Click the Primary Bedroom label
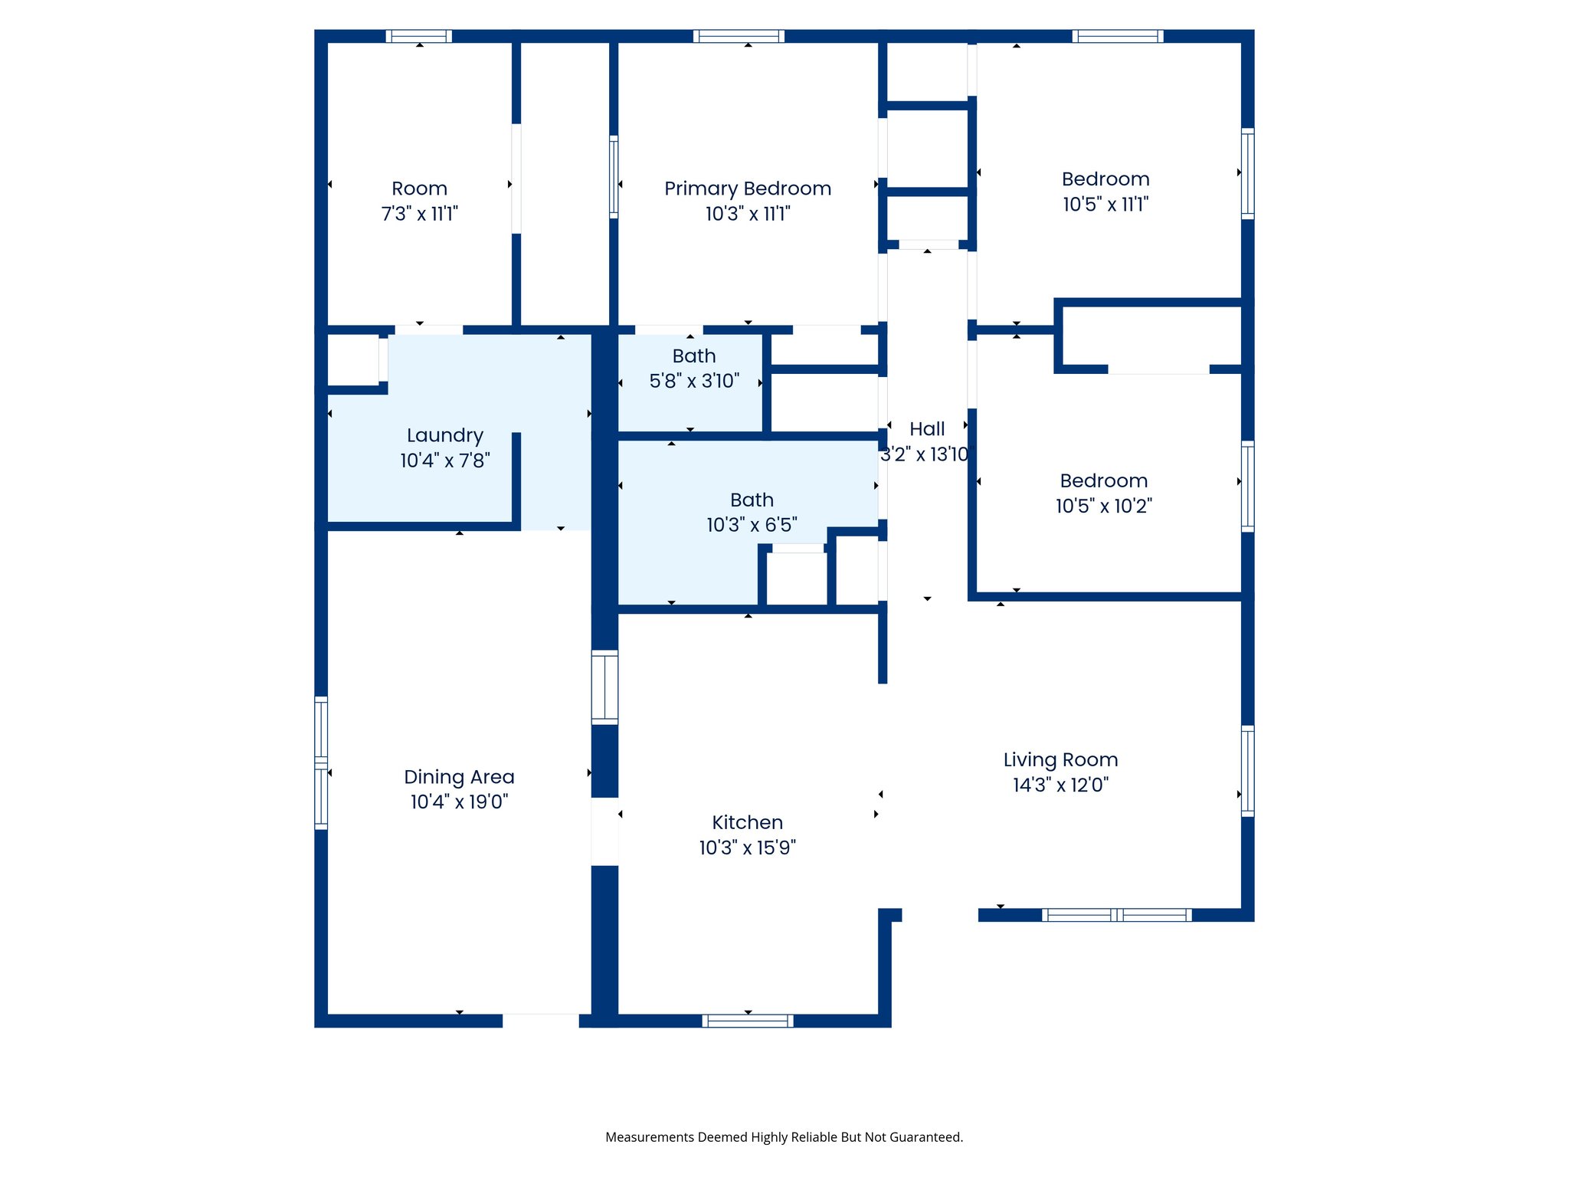coord(747,189)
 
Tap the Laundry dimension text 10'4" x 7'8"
coord(444,461)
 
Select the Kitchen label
coord(747,822)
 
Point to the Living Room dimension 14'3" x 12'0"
coord(1060,785)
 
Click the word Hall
coord(926,429)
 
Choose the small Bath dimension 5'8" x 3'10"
coord(693,381)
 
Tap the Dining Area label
coord(459,777)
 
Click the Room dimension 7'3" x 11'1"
coord(419,214)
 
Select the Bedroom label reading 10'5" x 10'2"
coord(1103,481)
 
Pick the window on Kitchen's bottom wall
coord(747,1021)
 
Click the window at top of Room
coord(418,36)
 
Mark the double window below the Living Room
coord(1116,915)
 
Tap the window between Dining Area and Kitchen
coord(604,687)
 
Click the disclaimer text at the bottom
coord(784,1137)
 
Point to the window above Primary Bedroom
coord(739,36)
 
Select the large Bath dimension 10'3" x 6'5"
coord(751,525)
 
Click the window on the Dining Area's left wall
coord(321,762)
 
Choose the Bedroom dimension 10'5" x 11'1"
coord(1105,205)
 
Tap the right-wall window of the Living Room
coord(1247,770)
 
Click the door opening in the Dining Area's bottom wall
coord(540,1021)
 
